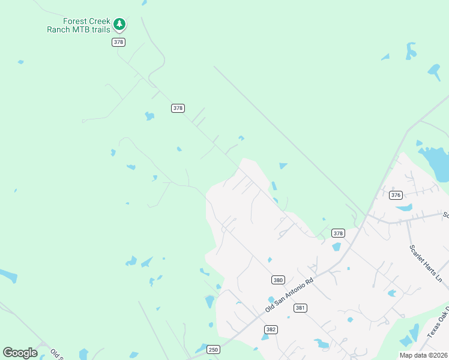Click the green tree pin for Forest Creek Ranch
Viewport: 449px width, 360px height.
pyautogui.click(x=120, y=24)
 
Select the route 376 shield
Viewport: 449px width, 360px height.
pyautogui.click(x=395, y=195)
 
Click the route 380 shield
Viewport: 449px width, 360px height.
pyautogui.click(x=277, y=280)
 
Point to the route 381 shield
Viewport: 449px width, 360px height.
pyautogui.click(x=301, y=308)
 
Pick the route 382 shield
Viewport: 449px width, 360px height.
pyautogui.click(x=270, y=329)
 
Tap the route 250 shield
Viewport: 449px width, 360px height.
pyautogui.click(x=213, y=349)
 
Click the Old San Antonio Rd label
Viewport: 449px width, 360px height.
pyautogui.click(x=289, y=295)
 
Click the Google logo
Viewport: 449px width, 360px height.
pyautogui.click(x=20, y=352)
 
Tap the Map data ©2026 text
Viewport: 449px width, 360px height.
pyautogui.click(x=423, y=355)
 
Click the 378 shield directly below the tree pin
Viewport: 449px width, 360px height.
pyautogui.click(x=118, y=42)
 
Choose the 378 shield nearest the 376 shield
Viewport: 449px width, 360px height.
pyautogui.click(x=338, y=233)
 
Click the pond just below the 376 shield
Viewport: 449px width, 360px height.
pyautogui.click(x=404, y=208)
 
